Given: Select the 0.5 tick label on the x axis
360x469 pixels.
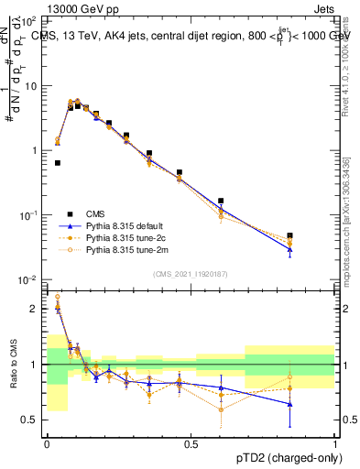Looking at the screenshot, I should (x=191, y=443).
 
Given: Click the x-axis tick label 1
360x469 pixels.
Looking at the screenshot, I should (x=335, y=443).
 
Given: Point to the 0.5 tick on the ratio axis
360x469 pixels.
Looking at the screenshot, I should (x=33, y=420).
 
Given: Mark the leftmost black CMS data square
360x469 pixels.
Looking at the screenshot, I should (x=58, y=163).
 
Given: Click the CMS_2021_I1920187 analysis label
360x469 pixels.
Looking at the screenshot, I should (x=191, y=274).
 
